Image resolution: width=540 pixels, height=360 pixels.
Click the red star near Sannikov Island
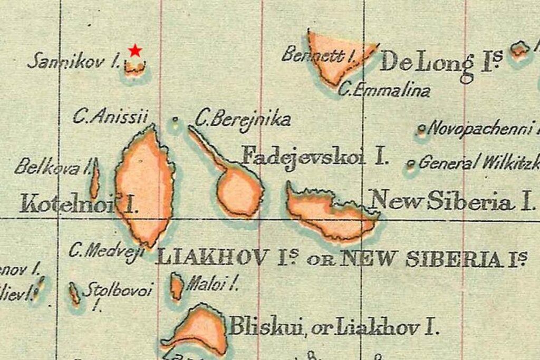136,50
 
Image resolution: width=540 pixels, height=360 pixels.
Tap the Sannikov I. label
73,61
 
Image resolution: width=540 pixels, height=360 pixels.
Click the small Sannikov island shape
135,67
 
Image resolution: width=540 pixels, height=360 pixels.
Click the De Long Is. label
440,63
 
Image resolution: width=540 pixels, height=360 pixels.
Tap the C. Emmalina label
384,90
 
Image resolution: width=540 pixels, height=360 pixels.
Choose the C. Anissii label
110,116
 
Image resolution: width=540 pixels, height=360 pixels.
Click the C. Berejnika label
243,120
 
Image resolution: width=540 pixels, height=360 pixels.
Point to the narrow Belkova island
94,179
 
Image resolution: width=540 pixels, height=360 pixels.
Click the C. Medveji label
106,250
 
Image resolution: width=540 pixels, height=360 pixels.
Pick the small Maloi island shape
177,286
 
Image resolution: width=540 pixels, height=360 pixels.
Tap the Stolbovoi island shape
74,293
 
